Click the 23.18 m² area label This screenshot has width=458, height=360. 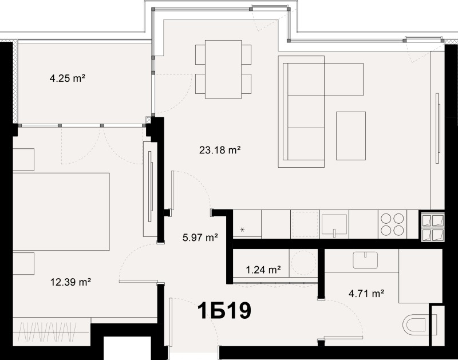coord(219,151)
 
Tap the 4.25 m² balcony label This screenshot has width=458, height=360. coord(67,78)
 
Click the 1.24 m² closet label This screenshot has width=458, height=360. coord(263,270)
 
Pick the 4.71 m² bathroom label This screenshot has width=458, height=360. coord(366,294)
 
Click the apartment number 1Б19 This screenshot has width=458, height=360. coord(224,312)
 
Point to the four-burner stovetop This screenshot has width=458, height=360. coord(393,224)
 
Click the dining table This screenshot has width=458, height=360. coord(223,69)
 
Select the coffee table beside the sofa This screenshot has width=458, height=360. coord(350,136)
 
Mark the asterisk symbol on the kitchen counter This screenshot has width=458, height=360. coord(242,230)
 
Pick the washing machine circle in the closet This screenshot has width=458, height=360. coord(303,264)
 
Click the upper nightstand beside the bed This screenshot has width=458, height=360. coord(24,160)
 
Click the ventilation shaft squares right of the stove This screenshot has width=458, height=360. coord(432,228)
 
